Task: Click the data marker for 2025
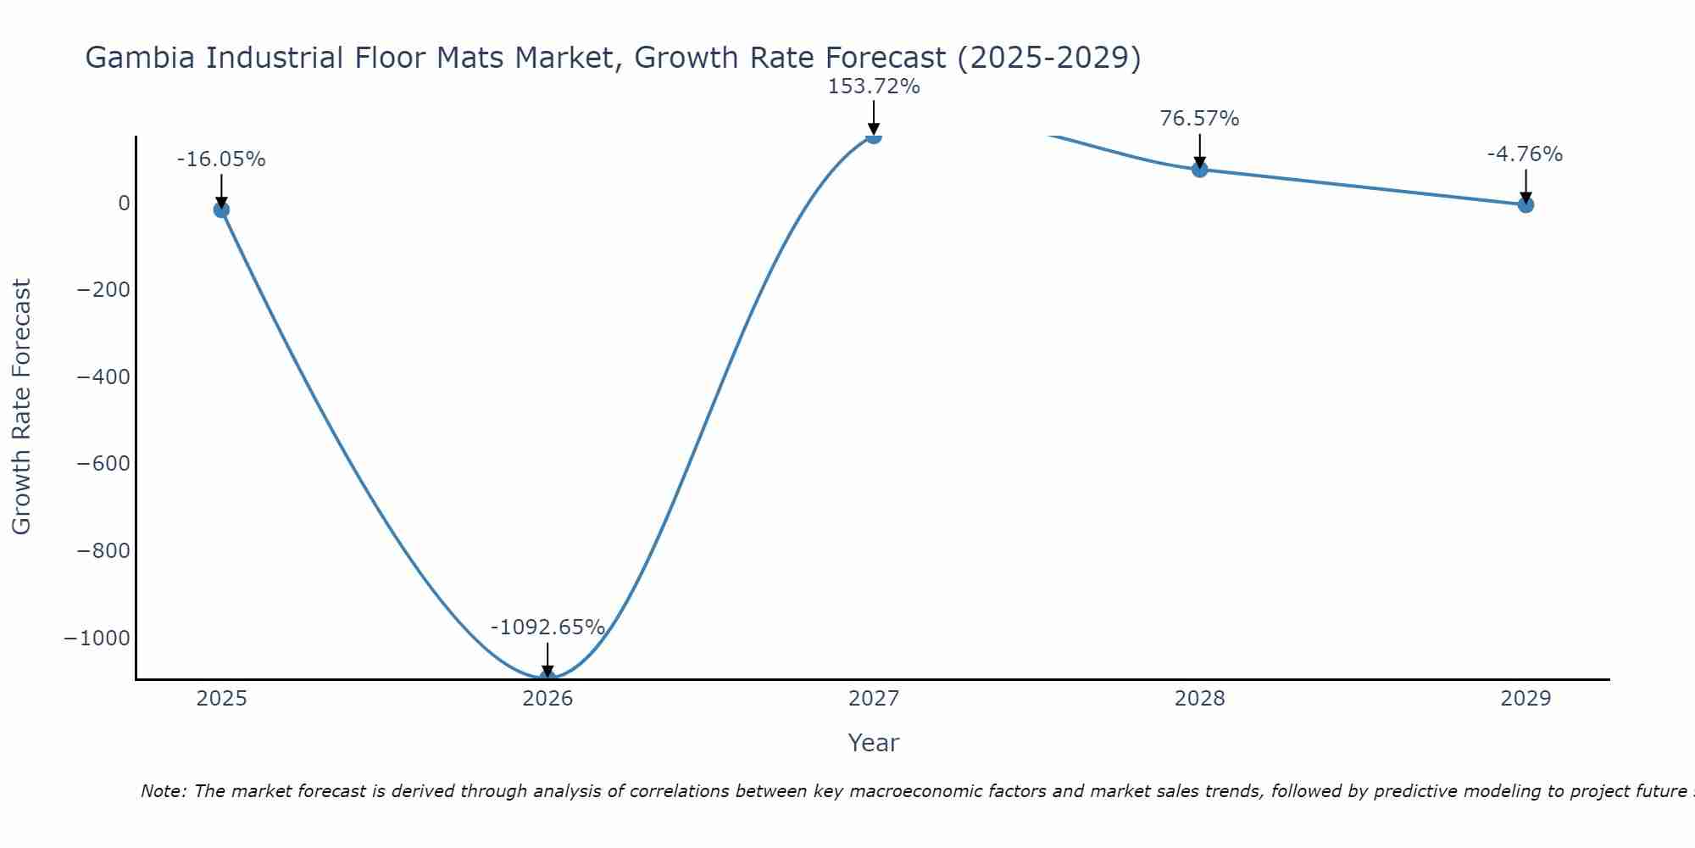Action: click(x=221, y=209)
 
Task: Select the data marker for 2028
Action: click(x=1199, y=169)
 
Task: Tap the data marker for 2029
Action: click(x=1525, y=204)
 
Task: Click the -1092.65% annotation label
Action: click(x=547, y=628)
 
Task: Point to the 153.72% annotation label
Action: click(x=874, y=86)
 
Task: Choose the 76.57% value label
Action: click(x=1199, y=119)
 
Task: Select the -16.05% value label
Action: click(x=221, y=159)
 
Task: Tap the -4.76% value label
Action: click(x=1525, y=154)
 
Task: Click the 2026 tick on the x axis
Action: click(x=547, y=699)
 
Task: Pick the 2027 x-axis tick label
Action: click(x=874, y=699)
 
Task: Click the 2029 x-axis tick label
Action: click(x=1525, y=699)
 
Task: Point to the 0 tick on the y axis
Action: click(x=125, y=204)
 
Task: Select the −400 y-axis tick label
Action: click(x=103, y=377)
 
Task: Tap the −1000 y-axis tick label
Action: click(x=97, y=639)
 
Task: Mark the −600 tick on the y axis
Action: click(x=103, y=464)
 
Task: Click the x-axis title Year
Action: click(x=873, y=743)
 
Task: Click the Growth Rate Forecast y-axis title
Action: click(x=21, y=407)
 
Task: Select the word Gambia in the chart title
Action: click(x=142, y=58)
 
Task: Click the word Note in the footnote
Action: click(x=163, y=791)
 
